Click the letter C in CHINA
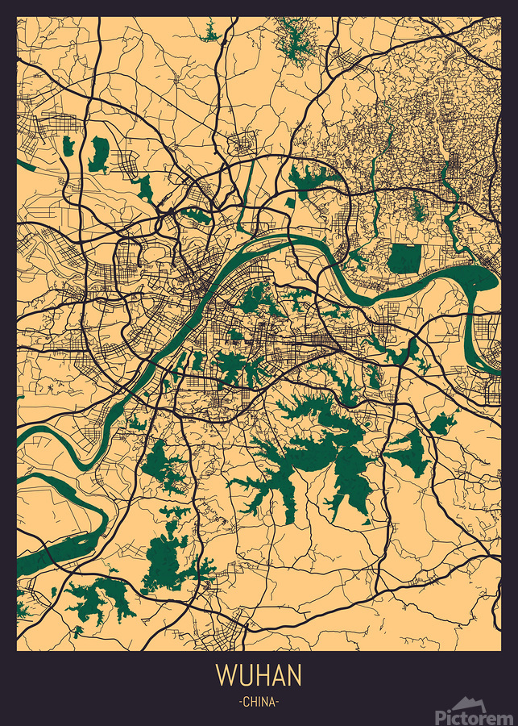click(x=246, y=702)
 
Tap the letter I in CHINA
click(x=259, y=702)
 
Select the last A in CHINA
click(x=272, y=702)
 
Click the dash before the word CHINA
click(x=240, y=702)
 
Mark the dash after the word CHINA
click(x=278, y=702)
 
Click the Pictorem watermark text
click(x=474, y=716)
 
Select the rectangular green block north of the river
click(x=405, y=259)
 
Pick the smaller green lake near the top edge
click(x=210, y=34)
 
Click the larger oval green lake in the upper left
click(x=99, y=153)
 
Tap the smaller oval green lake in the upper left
click(x=68, y=146)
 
